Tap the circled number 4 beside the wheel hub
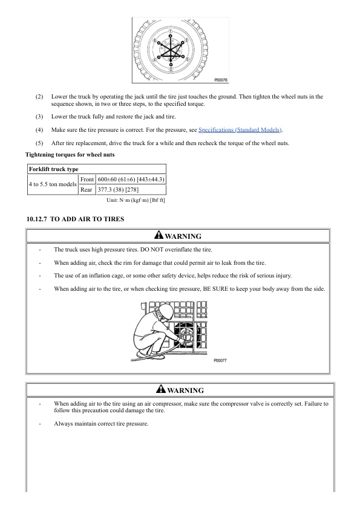click(155, 60)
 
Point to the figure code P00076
click(221, 80)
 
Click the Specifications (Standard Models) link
click(240, 130)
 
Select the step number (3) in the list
click(39, 117)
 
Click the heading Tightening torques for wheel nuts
click(70, 155)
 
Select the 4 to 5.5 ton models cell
click(53, 184)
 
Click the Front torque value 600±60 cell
click(131, 179)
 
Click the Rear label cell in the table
click(87, 190)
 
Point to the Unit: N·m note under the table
click(136, 200)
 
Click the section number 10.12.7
click(36, 219)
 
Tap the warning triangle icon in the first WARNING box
click(159, 235)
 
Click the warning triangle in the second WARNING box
click(161, 389)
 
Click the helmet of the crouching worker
click(163, 310)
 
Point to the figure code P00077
click(220, 361)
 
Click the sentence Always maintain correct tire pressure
click(101, 424)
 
